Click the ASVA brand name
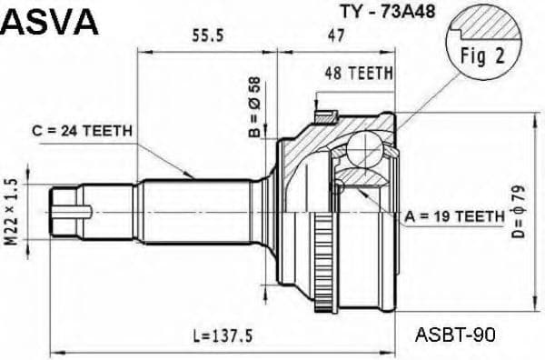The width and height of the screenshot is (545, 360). (50, 23)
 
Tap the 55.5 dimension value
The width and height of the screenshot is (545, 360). (210, 35)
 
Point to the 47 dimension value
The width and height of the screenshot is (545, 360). (336, 35)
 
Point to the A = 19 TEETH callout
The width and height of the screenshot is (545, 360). (453, 216)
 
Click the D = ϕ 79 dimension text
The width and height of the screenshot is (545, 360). (520, 211)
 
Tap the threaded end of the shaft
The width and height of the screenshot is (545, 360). (71, 211)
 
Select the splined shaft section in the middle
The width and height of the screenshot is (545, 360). (195, 210)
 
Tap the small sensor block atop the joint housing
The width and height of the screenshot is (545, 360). (324, 115)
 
